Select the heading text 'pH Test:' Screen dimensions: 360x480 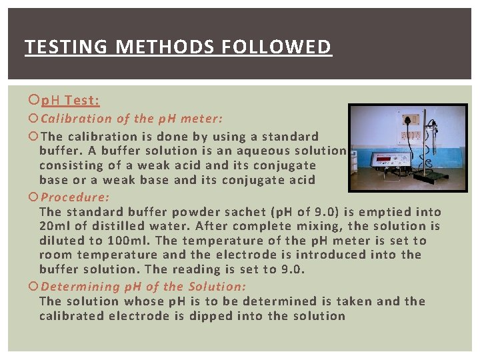(x=70, y=101)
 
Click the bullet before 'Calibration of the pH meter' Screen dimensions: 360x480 (x=34, y=119)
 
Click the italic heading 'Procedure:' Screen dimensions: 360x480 (x=75, y=197)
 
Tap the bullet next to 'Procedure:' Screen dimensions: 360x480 (x=34, y=197)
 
